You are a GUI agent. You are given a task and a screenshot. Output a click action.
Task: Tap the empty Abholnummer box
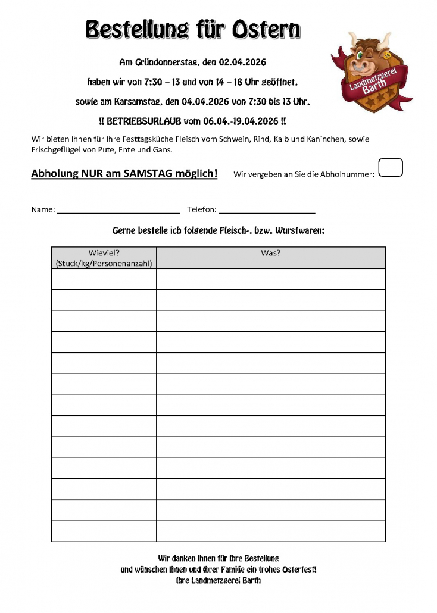coord(391,168)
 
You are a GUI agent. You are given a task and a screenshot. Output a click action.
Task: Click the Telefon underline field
coord(267,210)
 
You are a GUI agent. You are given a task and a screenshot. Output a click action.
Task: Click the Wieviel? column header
coord(104,252)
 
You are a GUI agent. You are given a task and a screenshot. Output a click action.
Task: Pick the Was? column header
coord(271,252)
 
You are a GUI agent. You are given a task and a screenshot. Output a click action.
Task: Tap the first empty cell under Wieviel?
coord(104,279)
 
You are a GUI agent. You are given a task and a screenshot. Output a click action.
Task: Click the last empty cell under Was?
coord(271,531)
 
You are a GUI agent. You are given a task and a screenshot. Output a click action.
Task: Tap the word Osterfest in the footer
coord(295,570)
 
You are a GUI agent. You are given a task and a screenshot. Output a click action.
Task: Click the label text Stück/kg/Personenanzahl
coord(104,263)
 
